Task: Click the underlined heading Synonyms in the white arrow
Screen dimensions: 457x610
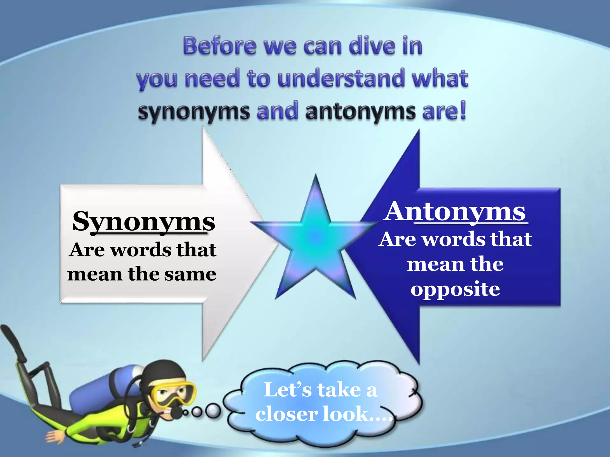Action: tap(144, 222)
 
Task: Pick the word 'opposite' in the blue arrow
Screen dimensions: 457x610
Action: tap(455, 289)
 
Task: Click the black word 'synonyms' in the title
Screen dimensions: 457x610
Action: tap(194, 112)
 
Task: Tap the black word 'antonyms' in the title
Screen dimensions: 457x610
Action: tap(360, 112)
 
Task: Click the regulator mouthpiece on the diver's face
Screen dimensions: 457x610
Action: tap(176, 412)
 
